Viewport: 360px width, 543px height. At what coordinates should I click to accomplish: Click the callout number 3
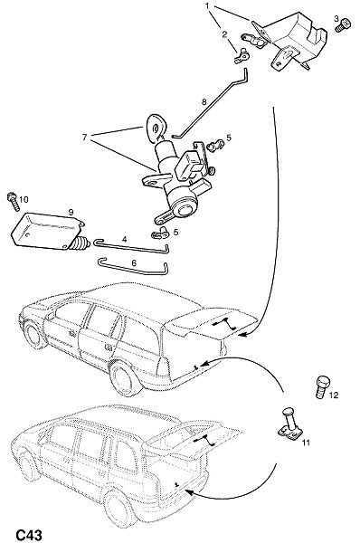(336, 18)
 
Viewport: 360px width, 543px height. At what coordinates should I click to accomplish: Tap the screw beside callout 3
(343, 26)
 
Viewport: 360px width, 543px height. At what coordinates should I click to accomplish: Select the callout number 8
(204, 101)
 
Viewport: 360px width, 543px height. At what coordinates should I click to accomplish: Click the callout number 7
(84, 138)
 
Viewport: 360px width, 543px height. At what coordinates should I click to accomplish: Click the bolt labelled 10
(14, 202)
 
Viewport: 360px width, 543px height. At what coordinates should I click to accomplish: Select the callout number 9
(71, 212)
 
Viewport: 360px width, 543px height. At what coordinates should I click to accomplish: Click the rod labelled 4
(131, 246)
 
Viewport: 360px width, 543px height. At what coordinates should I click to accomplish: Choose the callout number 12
(334, 395)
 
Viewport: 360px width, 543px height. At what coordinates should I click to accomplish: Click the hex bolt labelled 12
(322, 386)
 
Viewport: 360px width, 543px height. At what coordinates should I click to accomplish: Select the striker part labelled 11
(290, 424)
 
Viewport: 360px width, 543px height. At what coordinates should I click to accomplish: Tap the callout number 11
(306, 443)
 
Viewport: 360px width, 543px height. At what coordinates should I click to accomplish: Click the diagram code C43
(29, 535)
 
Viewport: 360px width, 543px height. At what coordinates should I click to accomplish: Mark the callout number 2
(224, 34)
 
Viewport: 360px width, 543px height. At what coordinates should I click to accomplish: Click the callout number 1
(208, 6)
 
